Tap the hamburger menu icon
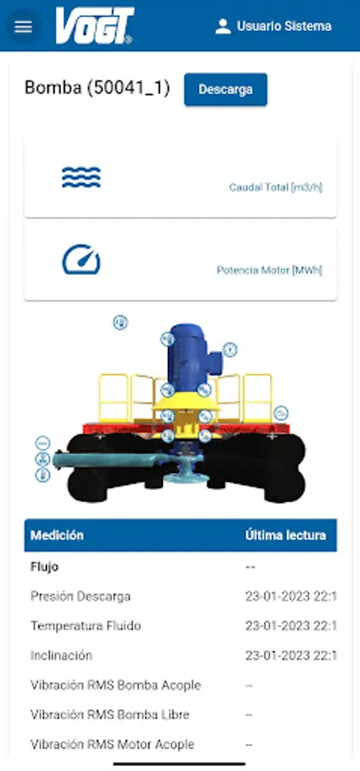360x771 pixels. tap(23, 27)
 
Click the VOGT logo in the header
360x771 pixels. tap(94, 26)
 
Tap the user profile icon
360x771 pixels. tap(223, 26)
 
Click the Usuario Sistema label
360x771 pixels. tap(285, 26)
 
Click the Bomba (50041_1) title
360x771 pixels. tap(98, 88)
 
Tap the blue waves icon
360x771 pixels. tap(81, 177)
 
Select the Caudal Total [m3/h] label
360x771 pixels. tap(276, 188)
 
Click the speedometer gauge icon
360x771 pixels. tap(81, 259)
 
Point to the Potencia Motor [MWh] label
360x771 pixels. tap(269, 271)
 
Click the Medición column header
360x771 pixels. tap(57, 535)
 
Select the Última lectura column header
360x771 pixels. tap(285, 535)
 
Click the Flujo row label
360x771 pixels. tap(45, 567)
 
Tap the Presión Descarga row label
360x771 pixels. tap(81, 596)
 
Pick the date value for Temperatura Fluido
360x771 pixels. tap(291, 626)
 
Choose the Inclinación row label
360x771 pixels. tap(62, 655)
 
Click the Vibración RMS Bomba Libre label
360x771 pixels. tap(111, 714)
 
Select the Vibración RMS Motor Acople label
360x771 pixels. tap(112, 744)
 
